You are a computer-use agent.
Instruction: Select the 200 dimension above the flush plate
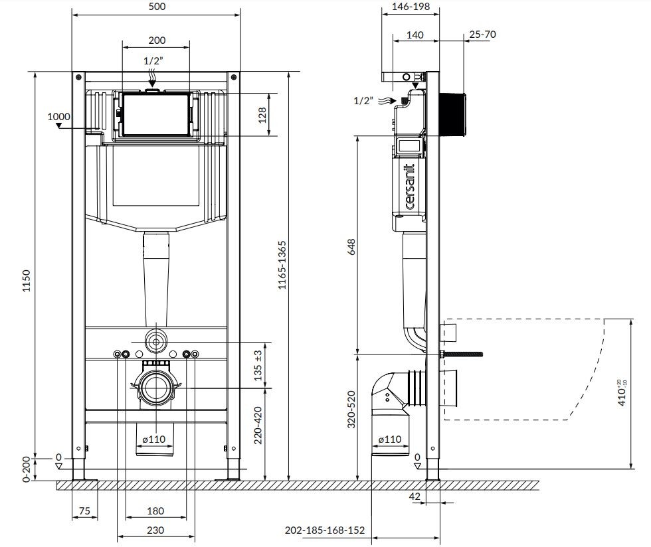pyautogui.click(x=157, y=40)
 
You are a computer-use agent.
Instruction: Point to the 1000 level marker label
pyautogui.click(x=58, y=117)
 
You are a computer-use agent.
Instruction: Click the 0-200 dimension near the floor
pyautogui.click(x=26, y=469)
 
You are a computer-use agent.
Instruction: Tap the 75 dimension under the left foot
pyautogui.click(x=84, y=511)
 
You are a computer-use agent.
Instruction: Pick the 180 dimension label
pyautogui.click(x=155, y=511)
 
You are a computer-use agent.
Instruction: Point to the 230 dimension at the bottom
pyautogui.click(x=155, y=530)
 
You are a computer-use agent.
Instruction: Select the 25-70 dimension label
pyautogui.click(x=483, y=34)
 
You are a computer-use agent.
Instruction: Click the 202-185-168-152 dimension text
pyautogui.click(x=325, y=530)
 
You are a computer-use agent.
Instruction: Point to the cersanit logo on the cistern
pyautogui.click(x=410, y=187)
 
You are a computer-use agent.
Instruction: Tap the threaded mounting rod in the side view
pyautogui.click(x=465, y=354)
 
